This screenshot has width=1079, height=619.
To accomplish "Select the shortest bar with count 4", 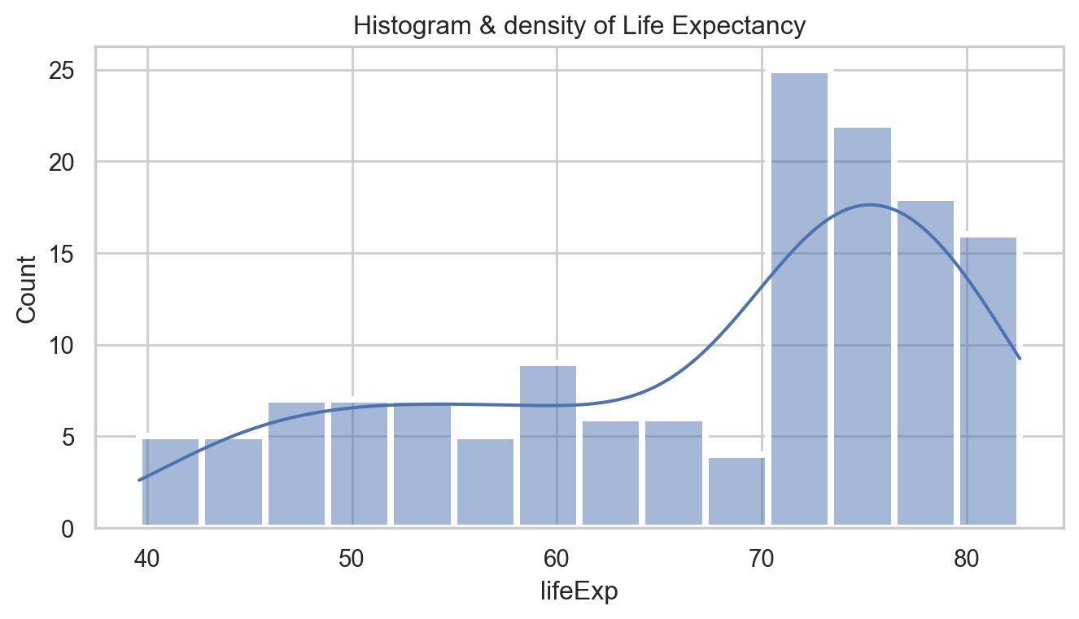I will pos(736,491).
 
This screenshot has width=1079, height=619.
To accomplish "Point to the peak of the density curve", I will pos(870,205).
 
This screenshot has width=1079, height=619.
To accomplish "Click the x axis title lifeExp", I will pos(579,592).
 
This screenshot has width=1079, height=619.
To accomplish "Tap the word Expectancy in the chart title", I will pos(748,27).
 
